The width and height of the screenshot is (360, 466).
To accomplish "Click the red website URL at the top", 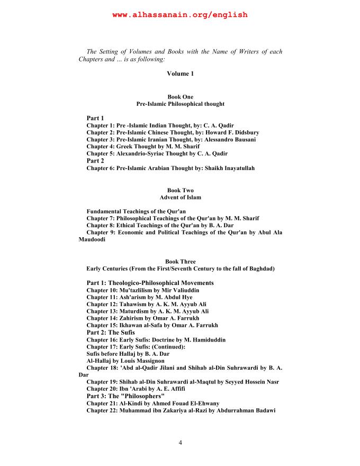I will click(180, 15).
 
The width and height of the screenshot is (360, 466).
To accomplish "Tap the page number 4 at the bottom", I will click(180, 443).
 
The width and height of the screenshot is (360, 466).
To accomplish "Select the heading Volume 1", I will click(180, 74).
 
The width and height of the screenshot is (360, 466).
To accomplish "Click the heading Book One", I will click(180, 97).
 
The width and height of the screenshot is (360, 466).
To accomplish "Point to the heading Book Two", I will click(180, 190).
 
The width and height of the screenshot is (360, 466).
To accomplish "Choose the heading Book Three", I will click(180, 262).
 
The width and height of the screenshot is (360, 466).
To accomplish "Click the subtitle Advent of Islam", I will click(180, 198).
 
